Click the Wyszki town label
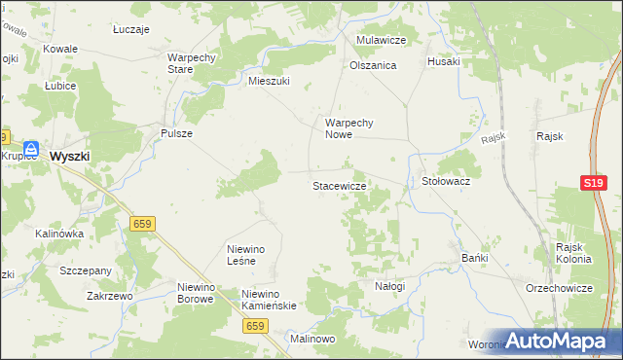point(70,156)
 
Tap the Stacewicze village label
point(339,185)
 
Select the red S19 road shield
point(594,183)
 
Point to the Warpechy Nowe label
point(349,129)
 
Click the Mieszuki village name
point(270,82)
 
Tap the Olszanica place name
point(373,66)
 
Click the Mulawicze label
point(381,40)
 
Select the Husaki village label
point(443,61)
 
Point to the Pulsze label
point(176,133)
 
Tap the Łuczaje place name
point(130,30)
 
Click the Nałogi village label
point(389,286)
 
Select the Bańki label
point(473,258)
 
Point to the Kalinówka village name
point(59,234)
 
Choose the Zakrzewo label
point(109,295)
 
